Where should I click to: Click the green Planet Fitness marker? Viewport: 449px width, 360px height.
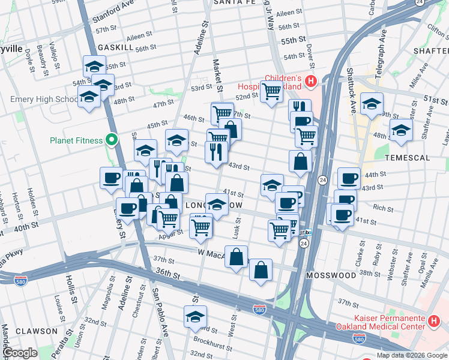(x=111, y=140)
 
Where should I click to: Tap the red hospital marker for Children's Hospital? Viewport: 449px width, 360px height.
(x=310, y=80)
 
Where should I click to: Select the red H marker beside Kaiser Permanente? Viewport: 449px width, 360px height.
(x=434, y=322)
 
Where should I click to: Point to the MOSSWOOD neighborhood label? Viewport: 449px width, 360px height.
(x=331, y=275)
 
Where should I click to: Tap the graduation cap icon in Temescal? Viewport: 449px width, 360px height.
(x=401, y=129)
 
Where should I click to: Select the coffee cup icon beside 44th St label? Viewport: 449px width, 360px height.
(x=349, y=178)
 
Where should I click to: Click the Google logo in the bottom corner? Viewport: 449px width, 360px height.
(x=20, y=353)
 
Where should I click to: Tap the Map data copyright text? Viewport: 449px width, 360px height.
(x=412, y=355)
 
